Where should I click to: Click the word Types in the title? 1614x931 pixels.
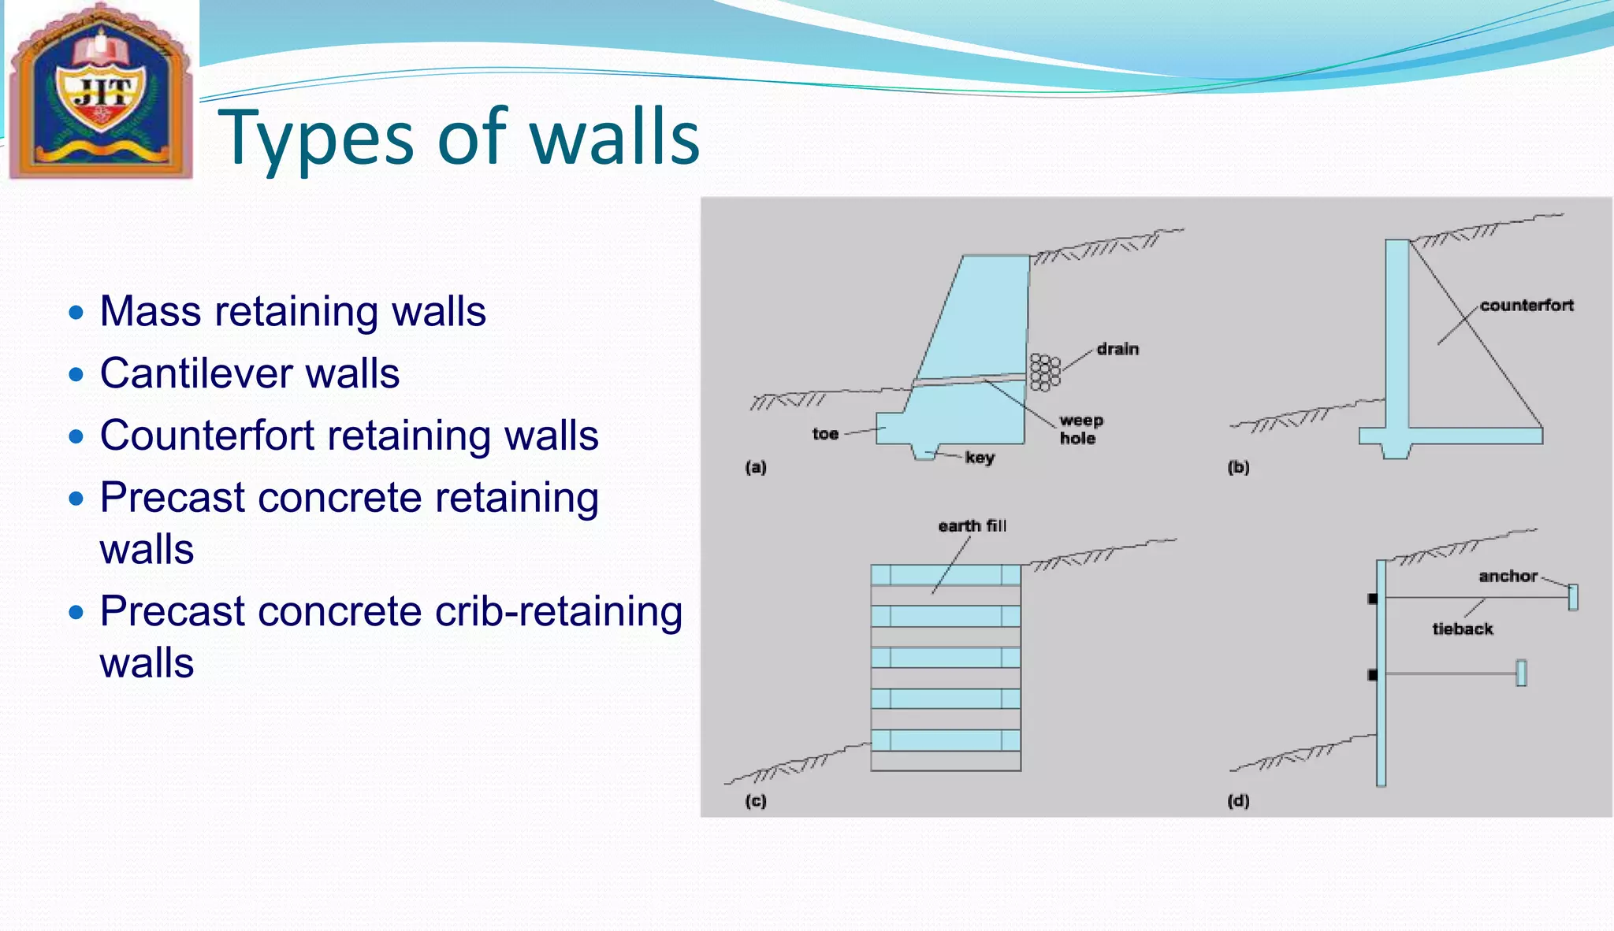tap(315, 139)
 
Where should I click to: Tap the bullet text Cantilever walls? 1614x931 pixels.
tap(250, 373)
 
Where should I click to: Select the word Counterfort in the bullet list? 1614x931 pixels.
tap(207, 436)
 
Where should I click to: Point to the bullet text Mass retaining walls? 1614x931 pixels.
tap(292, 311)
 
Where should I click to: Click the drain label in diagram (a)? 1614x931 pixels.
tap(1118, 349)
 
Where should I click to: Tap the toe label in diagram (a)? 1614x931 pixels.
tap(825, 434)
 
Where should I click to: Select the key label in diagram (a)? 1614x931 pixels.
tap(980, 458)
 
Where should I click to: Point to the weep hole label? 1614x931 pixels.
tap(1080, 429)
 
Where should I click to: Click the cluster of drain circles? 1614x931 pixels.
tap(1045, 373)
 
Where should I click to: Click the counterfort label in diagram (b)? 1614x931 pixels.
tap(1527, 306)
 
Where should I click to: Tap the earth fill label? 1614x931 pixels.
tap(972, 526)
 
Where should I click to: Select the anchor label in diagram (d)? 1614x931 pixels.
tap(1508, 577)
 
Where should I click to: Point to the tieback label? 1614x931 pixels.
tap(1463, 629)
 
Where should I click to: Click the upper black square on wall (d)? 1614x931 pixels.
tap(1373, 599)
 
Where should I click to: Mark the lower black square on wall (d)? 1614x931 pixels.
tap(1373, 675)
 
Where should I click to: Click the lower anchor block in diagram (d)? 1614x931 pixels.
tap(1521, 673)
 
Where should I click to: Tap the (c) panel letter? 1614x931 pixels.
tap(755, 801)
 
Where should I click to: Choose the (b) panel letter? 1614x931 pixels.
tap(1238, 467)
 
